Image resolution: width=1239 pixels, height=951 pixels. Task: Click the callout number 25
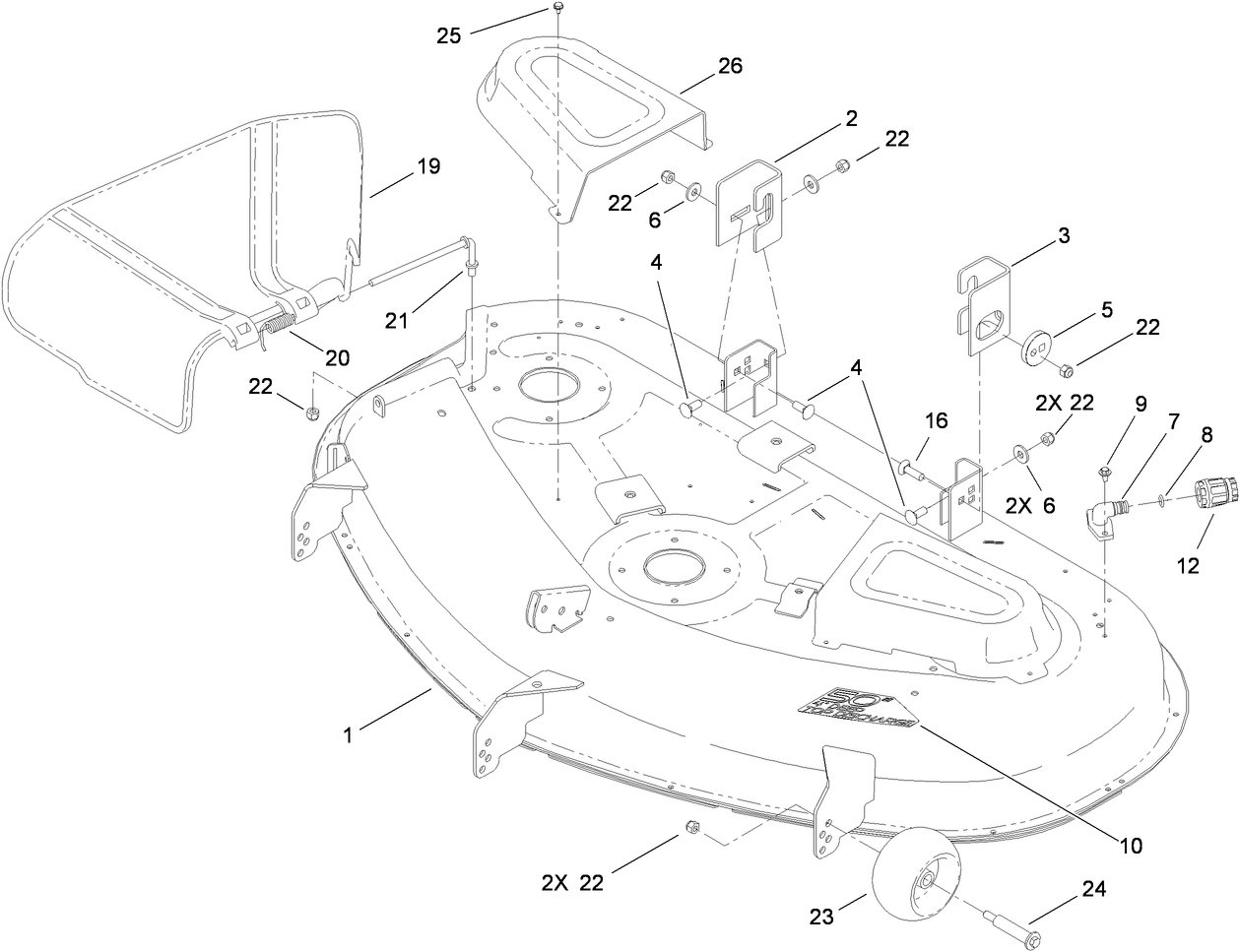(449, 36)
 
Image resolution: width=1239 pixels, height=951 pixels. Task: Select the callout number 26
(730, 66)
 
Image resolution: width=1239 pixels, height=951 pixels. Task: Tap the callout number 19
(401, 165)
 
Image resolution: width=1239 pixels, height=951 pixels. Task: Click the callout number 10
(1129, 845)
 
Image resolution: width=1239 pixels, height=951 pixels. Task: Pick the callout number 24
(1092, 890)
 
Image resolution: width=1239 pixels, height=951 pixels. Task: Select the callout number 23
(821, 917)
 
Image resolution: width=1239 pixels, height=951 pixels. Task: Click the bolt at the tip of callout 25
(557, 9)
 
